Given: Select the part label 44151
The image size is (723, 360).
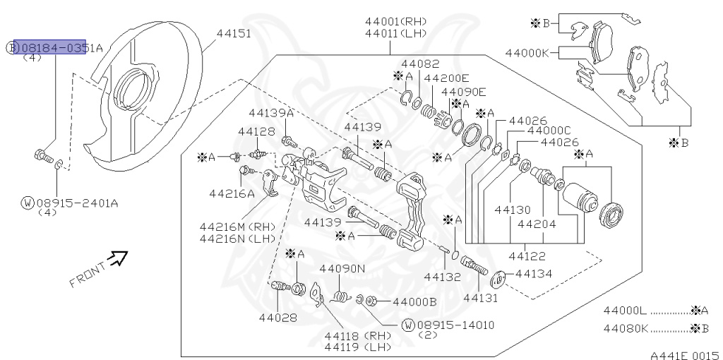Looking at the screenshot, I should [234, 33].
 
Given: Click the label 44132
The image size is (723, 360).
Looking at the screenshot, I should [443, 277].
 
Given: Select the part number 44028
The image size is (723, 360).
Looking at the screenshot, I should [277, 318].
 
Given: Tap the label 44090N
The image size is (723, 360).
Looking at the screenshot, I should [342, 268].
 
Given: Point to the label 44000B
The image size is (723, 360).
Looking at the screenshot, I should [414, 301].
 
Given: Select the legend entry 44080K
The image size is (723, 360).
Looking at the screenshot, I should [625, 328].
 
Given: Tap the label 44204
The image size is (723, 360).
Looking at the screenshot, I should [537, 224].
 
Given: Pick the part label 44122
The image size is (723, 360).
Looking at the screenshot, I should [527, 256].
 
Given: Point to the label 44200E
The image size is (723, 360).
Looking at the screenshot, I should [447, 78].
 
